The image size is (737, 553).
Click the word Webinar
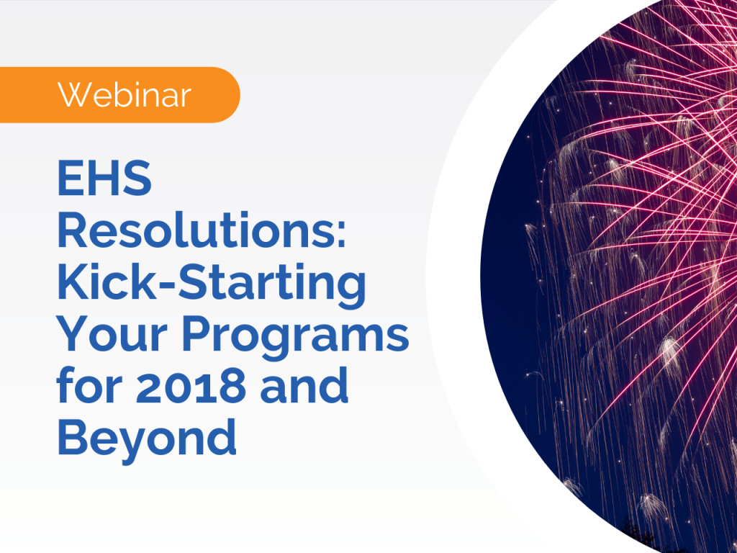pos(124,95)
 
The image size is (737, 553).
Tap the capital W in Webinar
pos(72,95)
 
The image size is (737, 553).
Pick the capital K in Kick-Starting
pos(73,283)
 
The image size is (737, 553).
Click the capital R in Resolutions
pos(74,232)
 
